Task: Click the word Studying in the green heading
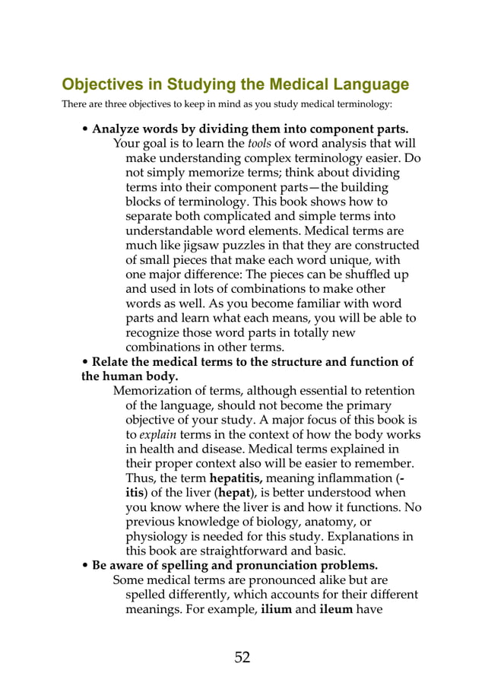(x=179, y=84)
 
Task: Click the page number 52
(x=242, y=657)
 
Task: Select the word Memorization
(x=152, y=390)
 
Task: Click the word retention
(x=389, y=390)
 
